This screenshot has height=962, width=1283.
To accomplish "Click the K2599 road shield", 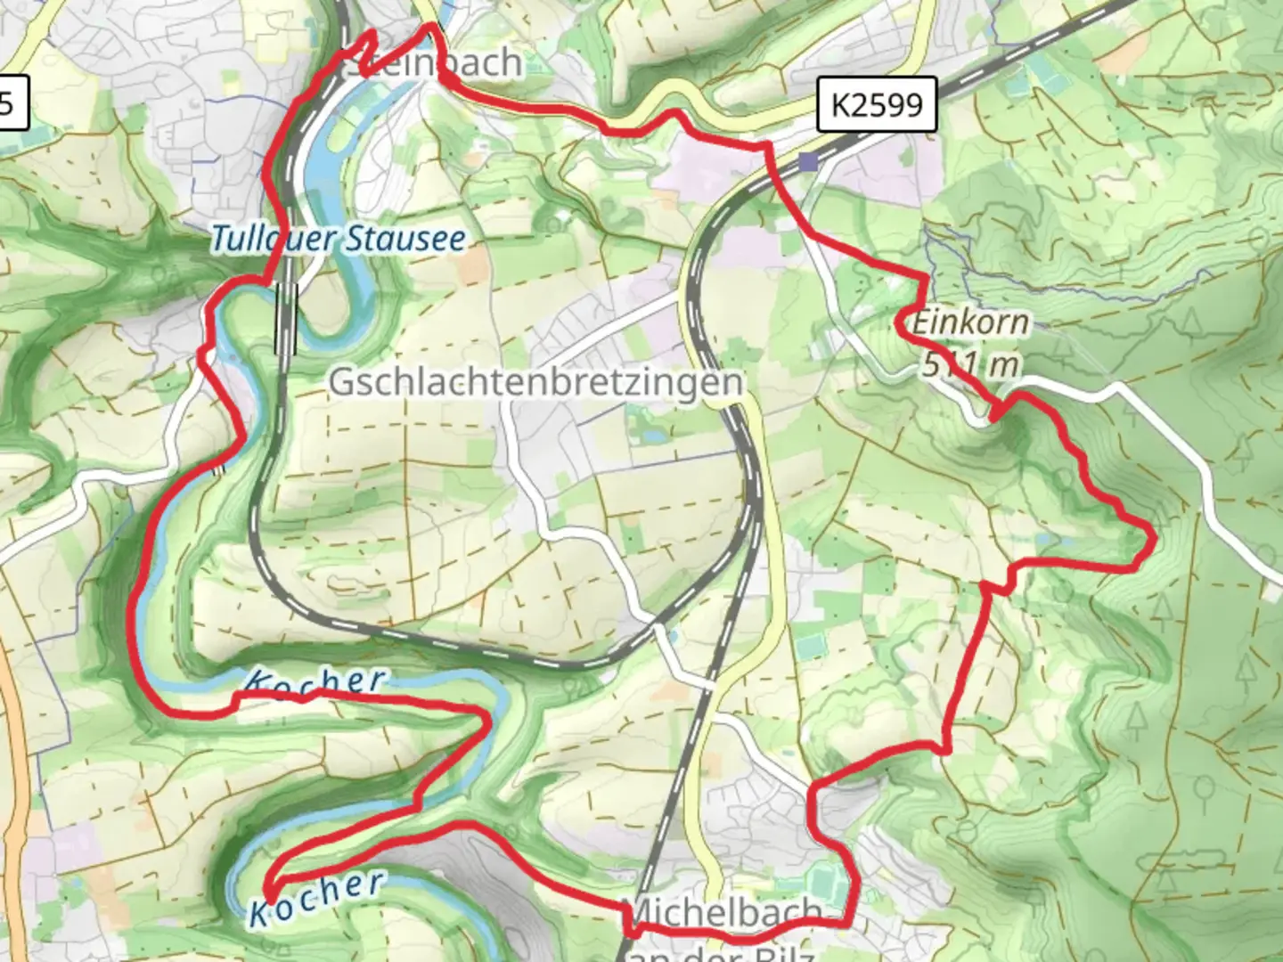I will tap(878, 105).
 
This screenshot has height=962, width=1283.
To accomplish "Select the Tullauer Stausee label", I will tap(339, 239).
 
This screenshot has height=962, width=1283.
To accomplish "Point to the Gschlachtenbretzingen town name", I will tap(535, 381).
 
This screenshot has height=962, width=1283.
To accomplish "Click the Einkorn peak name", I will tap(970, 322).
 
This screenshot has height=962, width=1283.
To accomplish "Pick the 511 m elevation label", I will tap(970, 363).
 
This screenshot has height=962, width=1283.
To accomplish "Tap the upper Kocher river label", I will tap(316, 681).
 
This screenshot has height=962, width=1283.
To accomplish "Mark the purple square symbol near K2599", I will tap(807, 161).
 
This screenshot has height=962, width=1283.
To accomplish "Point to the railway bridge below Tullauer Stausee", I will tap(286, 316).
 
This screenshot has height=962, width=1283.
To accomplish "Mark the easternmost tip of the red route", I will tap(1155, 538).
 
